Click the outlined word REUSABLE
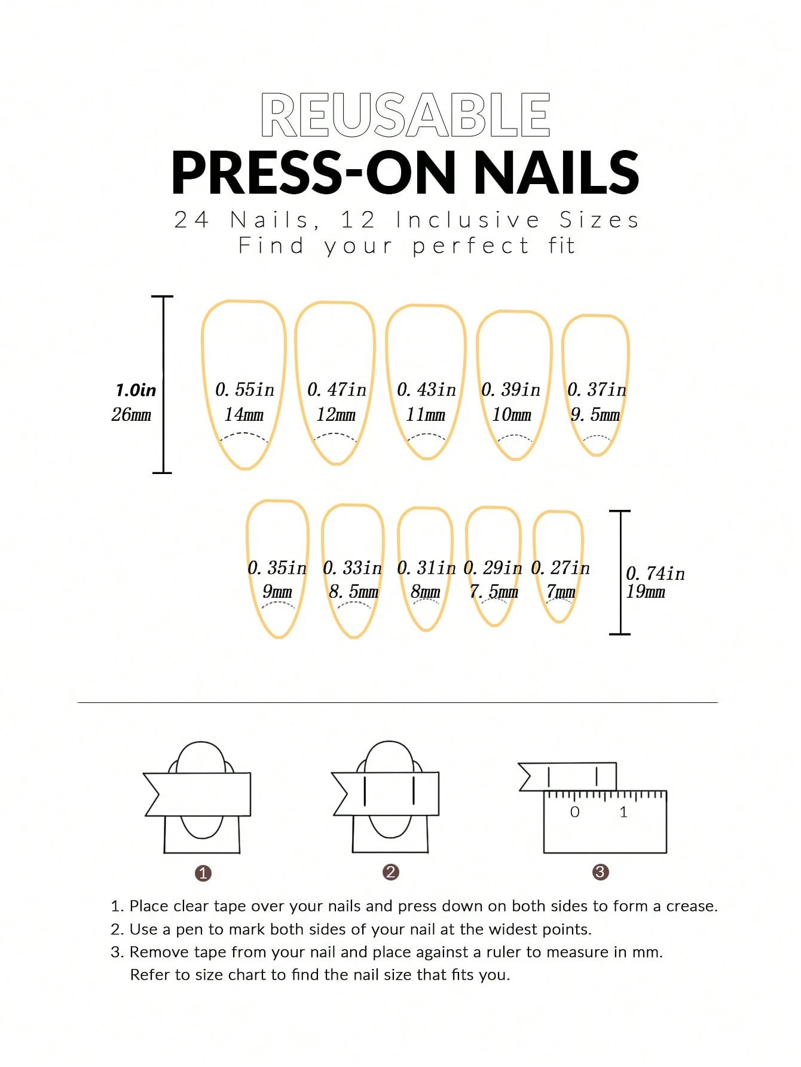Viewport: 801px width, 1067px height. click(x=405, y=115)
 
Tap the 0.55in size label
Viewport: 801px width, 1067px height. click(x=244, y=390)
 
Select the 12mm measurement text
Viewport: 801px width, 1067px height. click(x=336, y=414)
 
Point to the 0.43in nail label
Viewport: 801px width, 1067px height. click(x=426, y=390)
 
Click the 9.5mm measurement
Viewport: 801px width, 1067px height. click(x=595, y=414)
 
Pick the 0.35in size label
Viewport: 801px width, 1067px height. click(x=277, y=568)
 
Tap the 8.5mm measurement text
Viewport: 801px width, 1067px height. click(x=353, y=592)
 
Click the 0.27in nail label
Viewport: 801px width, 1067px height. click(x=560, y=568)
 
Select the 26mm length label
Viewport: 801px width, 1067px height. click(x=132, y=414)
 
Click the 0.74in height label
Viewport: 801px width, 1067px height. click(x=655, y=574)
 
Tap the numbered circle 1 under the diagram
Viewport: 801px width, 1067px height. click(x=203, y=873)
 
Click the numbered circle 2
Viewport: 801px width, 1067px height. click(x=391, y=872)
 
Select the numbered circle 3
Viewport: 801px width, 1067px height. click(x=600, y=872)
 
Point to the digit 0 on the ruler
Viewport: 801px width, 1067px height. click(x=574, y=812)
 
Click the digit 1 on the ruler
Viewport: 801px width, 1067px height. click(x=623, y=812)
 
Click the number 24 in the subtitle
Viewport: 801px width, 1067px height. click(x=191, y=220)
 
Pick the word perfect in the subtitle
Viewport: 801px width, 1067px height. click(x=470, y=246)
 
